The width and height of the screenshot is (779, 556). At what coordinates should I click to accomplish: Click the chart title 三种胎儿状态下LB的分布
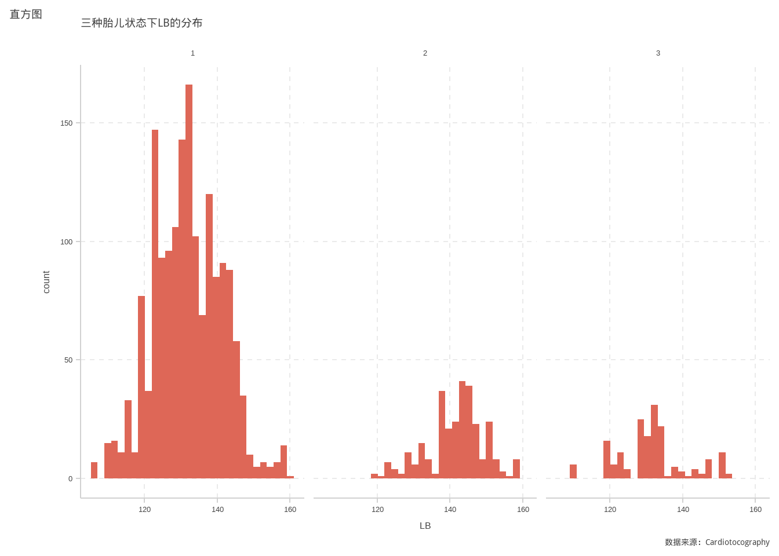click(141, 23)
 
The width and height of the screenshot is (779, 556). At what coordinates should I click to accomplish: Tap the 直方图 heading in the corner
click(26, 14)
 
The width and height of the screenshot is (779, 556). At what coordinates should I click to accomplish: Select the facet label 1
click(193, 53)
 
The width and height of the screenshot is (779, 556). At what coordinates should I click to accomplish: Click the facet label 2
click(425, 53)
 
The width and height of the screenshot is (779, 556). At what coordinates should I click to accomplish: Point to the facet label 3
click(658, 53)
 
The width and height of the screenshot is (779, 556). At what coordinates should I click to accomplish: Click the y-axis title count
click(46, 282)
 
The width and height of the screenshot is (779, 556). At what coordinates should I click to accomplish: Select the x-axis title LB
click(425, 526)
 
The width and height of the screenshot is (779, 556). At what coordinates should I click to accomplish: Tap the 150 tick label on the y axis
click(67, 123)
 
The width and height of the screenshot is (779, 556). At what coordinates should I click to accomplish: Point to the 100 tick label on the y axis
click(67, 242)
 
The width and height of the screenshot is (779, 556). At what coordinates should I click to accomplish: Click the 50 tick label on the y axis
click(68, 360)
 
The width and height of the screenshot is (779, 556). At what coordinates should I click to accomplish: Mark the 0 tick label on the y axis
click(71, 479)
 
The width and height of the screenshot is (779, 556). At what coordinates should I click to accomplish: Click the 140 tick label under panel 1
click(217, 510)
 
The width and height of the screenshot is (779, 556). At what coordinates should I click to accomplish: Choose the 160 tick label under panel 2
click(523, 510)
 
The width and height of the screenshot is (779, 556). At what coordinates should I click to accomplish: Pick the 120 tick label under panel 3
click(610, 510)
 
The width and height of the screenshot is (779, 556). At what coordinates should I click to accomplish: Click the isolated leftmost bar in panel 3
click(573, 471)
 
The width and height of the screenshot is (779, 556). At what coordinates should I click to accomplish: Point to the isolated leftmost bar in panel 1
click(94, 470)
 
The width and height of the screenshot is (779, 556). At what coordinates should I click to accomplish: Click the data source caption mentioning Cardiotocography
click(717, 543)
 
